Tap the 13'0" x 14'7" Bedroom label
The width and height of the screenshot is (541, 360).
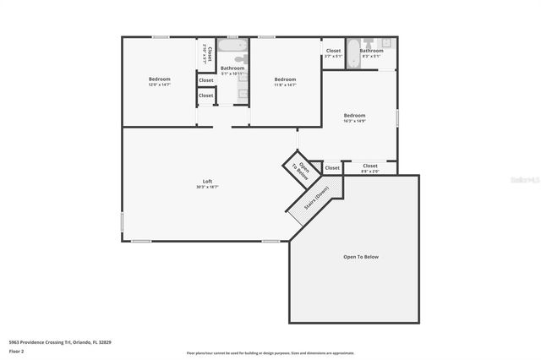[160, 79]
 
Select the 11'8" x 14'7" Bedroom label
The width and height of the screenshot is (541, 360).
[285, 79]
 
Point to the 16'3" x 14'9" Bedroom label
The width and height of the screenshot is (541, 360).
[354, 116]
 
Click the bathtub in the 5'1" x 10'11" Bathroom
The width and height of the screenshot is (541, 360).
[232, 46]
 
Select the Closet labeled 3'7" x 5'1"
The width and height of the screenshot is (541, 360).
[333, 51]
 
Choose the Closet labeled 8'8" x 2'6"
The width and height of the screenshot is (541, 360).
[370, 166]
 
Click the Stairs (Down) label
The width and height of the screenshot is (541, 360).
[316, 198]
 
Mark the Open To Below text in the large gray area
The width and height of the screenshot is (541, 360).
[360, 256]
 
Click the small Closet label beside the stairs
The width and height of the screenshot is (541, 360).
[332, 168]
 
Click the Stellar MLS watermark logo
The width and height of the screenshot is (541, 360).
[524, 179]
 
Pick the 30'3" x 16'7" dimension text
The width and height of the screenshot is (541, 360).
[207, 187]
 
